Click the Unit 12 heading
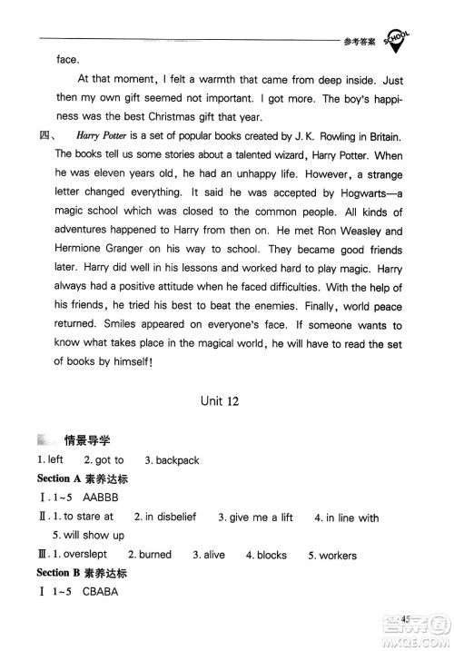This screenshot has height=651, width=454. click(x=228, y=403)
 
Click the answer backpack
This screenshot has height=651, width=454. click(x=177, y=460)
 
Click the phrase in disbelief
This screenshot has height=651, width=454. click(x=170, y=518)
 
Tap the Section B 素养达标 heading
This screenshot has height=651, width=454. click(x=81, y=574)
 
